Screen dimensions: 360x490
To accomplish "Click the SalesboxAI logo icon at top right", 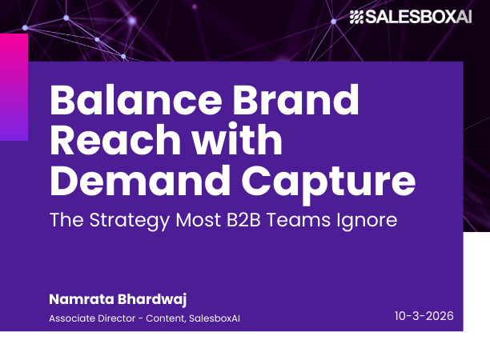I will [x=356, y=17].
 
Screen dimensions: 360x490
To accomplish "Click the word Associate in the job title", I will [x=72, y=318].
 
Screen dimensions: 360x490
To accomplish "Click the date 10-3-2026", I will [x=424, y=316].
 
